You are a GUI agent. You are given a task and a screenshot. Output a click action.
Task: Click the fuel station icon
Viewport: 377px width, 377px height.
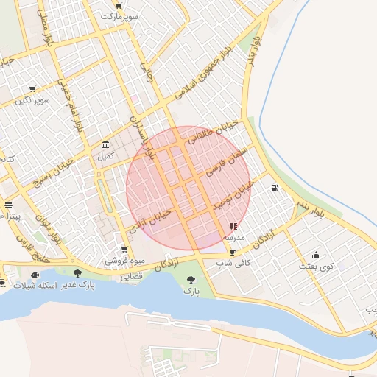[275, 188]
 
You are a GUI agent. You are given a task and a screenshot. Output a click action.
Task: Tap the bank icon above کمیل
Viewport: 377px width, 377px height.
[107, 144]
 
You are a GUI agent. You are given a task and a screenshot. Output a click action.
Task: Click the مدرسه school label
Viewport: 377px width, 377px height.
[233, 237]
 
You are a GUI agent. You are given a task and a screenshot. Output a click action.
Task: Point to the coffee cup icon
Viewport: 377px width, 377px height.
[233, 252]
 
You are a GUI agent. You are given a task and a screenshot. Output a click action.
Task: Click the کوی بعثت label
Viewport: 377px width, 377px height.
[317, 265]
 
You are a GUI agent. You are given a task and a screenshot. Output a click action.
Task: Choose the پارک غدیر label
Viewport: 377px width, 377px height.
[87, 284]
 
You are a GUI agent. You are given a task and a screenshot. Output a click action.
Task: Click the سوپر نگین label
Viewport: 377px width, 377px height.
[35, 99]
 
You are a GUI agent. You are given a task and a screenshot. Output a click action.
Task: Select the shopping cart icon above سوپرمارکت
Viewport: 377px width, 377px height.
[119, 5]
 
